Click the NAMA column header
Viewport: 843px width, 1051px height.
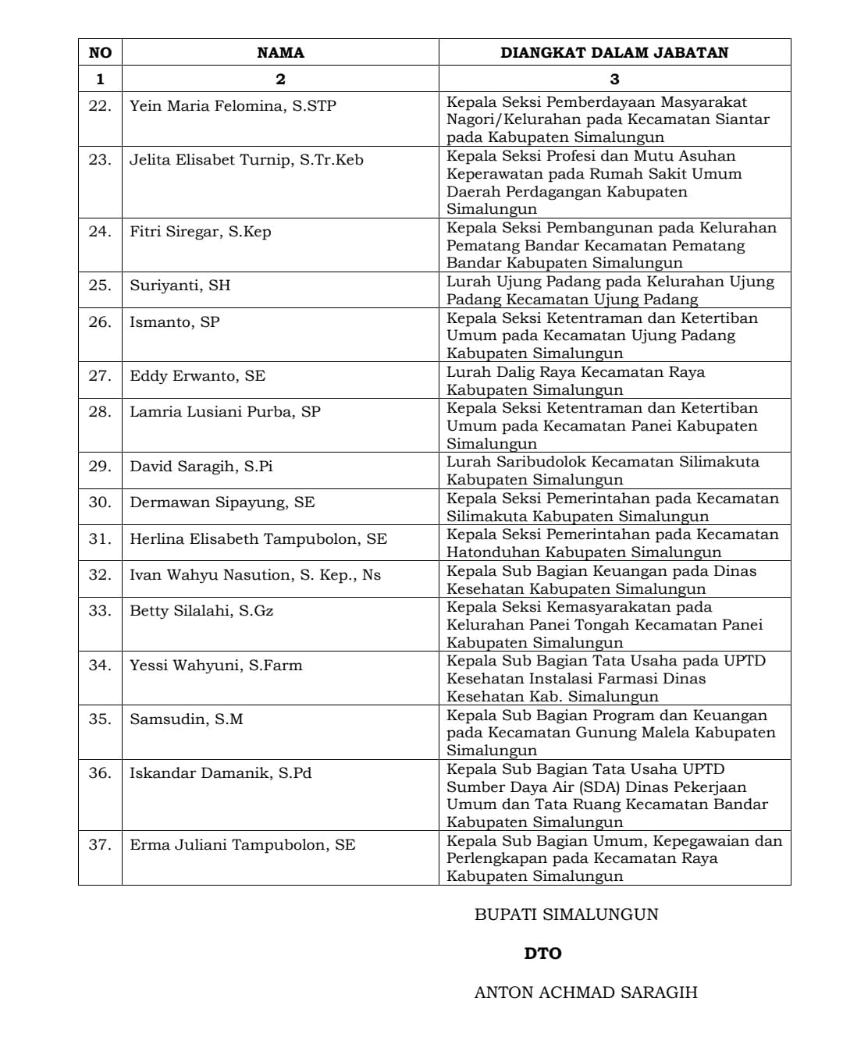coord(280,52)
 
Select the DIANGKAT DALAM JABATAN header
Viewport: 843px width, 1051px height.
coord(614,52)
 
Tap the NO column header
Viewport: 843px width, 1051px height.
coord(100,52)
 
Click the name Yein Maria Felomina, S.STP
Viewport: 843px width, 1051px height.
coord(233,105)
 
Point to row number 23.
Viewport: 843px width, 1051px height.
coord(100,159)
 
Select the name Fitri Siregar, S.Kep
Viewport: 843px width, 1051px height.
coord(200,231)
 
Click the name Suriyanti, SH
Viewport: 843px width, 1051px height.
coord(180,285)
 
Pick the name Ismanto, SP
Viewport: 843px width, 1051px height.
coord(175,321)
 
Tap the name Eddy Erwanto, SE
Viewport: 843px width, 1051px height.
coord(197,375)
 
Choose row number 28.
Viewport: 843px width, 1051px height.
coord(100,411)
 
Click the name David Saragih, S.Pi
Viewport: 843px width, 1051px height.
coord(201,466)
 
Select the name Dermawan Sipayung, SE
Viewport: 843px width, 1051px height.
coord(222,502)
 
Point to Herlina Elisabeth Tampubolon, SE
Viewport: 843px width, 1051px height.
coord(258,538)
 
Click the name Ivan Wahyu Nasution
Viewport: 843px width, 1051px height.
coord(255,574)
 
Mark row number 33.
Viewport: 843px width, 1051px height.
coord(100,610)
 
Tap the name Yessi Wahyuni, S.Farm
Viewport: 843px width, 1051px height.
coord(216,665)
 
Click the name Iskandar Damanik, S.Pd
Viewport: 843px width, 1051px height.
coord(221,772)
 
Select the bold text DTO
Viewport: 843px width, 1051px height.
coord(542,953)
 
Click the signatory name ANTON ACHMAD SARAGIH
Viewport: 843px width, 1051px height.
coord(585,992)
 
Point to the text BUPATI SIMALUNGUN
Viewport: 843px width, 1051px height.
coord(566,914)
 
